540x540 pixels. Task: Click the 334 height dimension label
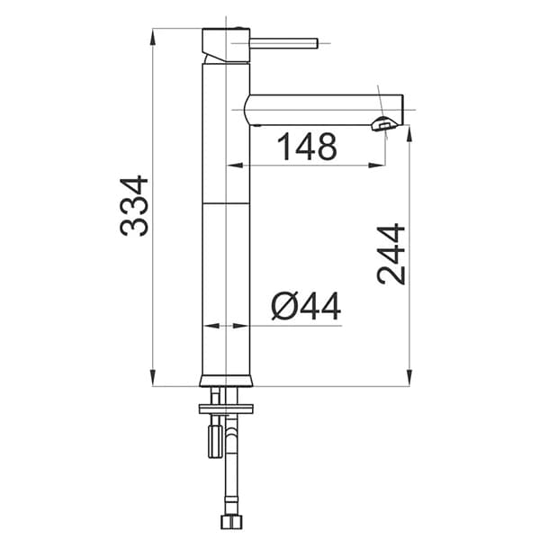coord(134,206)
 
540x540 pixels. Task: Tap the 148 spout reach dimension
coord(307,147)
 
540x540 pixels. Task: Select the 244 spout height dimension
coord(391,254)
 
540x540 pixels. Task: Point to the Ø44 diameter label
coord(306,306)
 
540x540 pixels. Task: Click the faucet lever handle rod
coord(283,43)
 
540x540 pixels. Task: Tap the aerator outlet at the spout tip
coord(384,124)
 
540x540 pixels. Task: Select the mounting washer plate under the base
coord(226,409)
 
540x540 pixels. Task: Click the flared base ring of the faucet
coord(226,380)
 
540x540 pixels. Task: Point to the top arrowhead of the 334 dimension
coord(153,36)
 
